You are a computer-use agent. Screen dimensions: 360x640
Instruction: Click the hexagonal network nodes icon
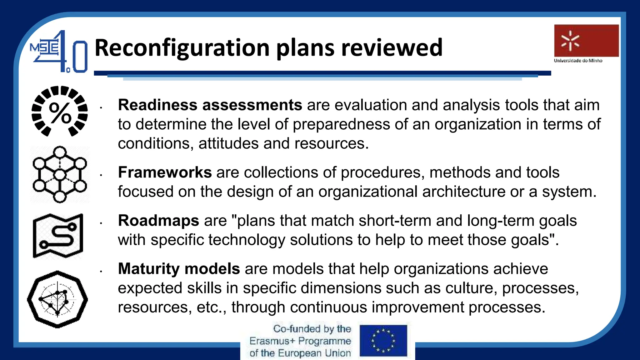coord(60,174)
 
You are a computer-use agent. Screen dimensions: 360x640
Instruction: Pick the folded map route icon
coord(58,236)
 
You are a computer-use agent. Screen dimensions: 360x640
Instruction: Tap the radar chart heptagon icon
coord(57,299)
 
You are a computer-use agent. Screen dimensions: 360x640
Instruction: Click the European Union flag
coord(383,340)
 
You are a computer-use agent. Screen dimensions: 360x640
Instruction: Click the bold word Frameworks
coord(165,172)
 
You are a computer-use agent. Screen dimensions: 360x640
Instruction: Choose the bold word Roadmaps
coord(158,221)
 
